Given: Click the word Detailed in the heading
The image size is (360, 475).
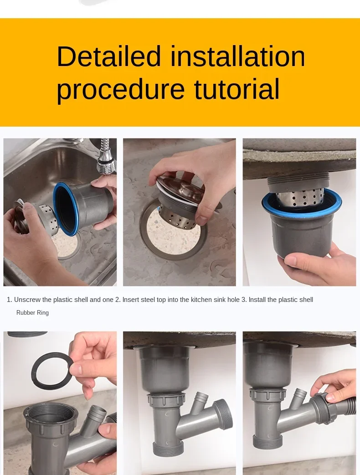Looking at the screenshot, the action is pyautogui.click(x=108, y=56).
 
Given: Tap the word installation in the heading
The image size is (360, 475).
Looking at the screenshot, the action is pyautogui.click(x=237, y=56).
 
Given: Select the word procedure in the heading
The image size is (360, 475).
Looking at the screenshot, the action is pyautogui.click(x=121, y=89).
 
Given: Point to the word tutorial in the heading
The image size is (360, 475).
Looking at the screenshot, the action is pyautogui.click(x=237, y=89).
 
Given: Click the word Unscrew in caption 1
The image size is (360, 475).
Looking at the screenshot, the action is pyautogui.click(x=27, y=300).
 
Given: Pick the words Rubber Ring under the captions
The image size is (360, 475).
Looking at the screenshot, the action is pyautogui.click(x=32, y=312).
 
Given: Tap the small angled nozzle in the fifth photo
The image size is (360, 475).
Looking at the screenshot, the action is pyautogui.click(x=201, y=400).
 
